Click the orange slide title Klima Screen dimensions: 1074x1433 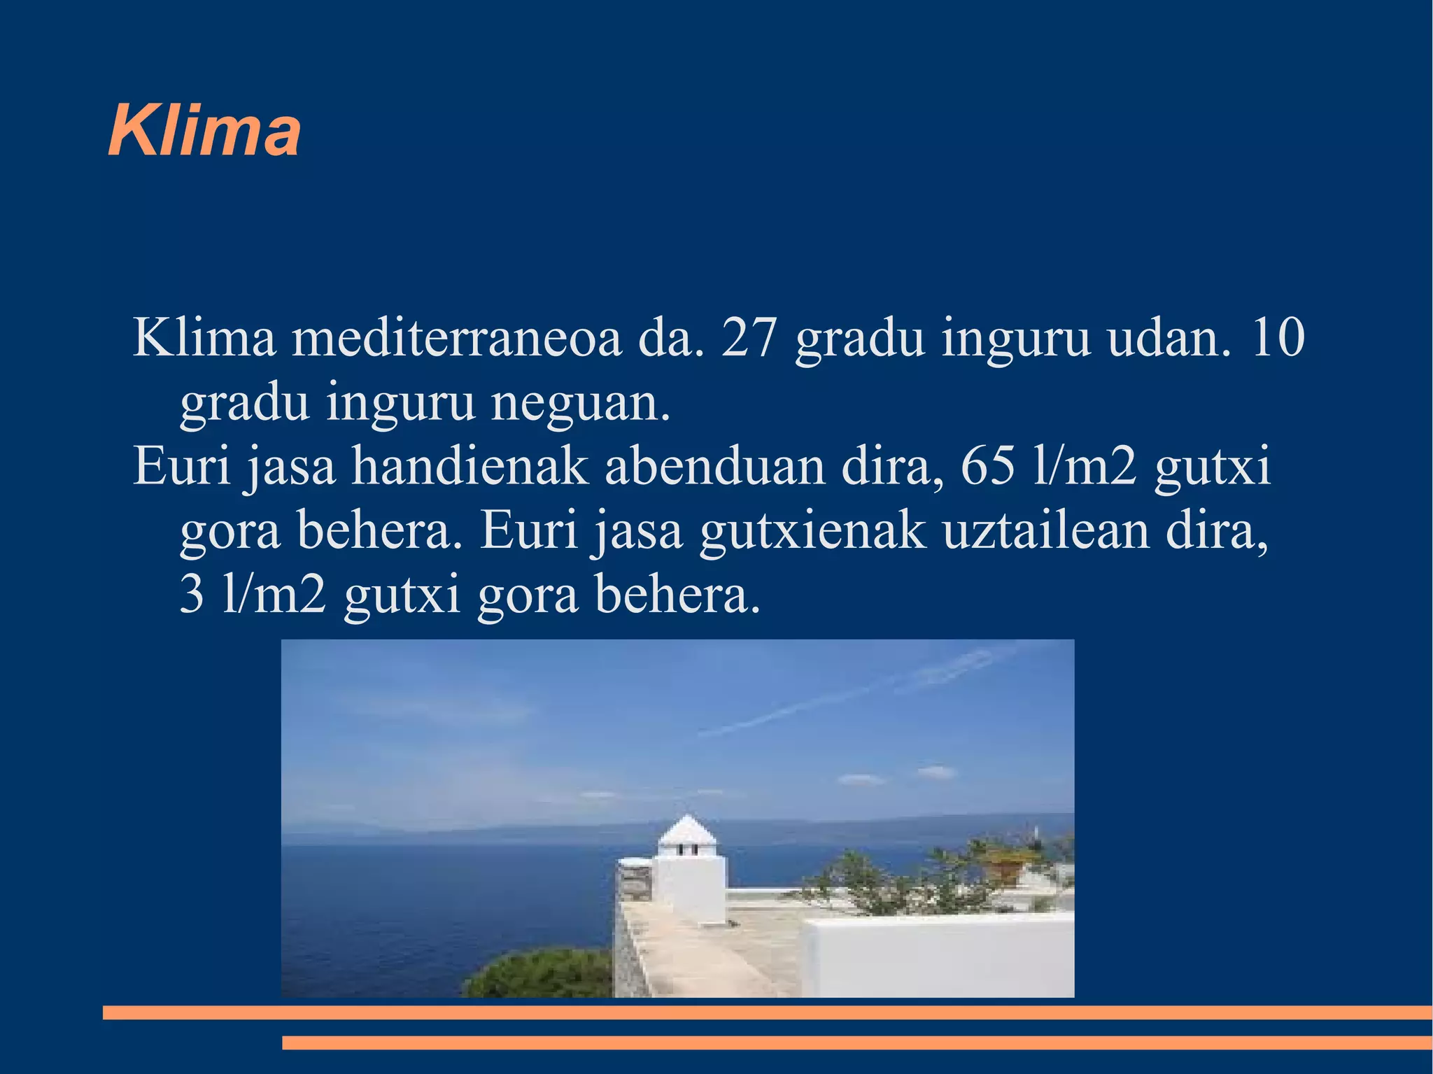click(204, 132)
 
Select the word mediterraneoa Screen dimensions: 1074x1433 click(456, 339)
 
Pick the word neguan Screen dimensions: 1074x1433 click(581, 404)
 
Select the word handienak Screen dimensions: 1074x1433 click(470, 467)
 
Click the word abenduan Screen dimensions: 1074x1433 click(715, 467)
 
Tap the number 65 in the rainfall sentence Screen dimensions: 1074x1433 click(988, 467)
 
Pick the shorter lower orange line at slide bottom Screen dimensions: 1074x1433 click(856, 1043)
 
